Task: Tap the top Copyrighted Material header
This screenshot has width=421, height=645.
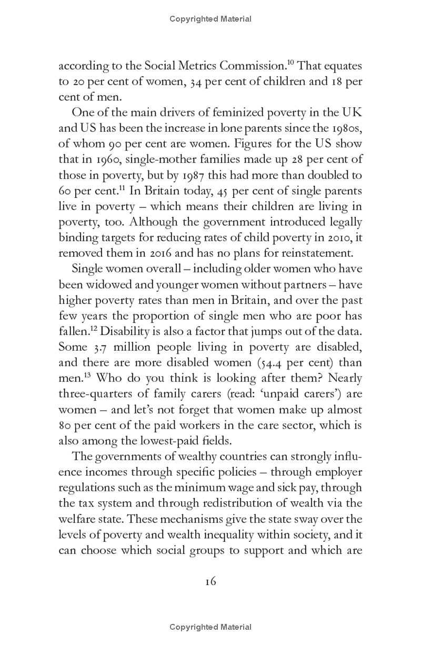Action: tap(210, 19)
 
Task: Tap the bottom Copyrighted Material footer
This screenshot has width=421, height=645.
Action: tap(210, 627)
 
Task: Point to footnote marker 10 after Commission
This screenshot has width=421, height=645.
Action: tap(288, 64)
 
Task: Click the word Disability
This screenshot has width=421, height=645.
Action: tap(126, 332)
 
